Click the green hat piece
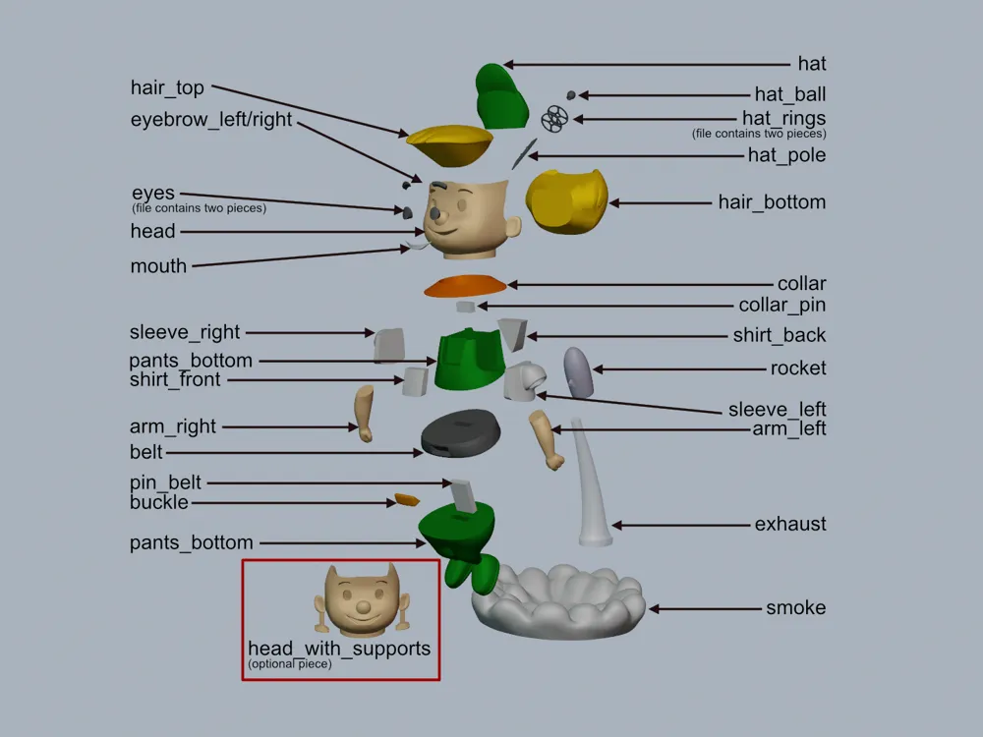coord(500,97)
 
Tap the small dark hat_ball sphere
coord(570,95)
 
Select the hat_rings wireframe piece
coord(554,119)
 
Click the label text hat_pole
coord(786,155)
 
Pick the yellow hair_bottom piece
coord(567,201)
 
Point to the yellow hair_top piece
coord(449,144)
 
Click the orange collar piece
coord(465,286)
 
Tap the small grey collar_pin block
coord(465,307)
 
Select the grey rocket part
coord(578,372)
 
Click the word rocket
coord(798,368)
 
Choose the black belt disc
coord(461,432)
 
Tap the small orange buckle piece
coord(407,500)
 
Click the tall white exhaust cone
coord(591,482)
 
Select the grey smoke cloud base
coord(558,601)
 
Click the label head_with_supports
coord(339,648)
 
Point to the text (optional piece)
coord(290,663)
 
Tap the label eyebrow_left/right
coord(211,119)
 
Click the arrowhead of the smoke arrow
coord(654,608)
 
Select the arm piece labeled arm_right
coord(365,414)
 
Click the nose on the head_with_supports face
coord(363,606)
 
